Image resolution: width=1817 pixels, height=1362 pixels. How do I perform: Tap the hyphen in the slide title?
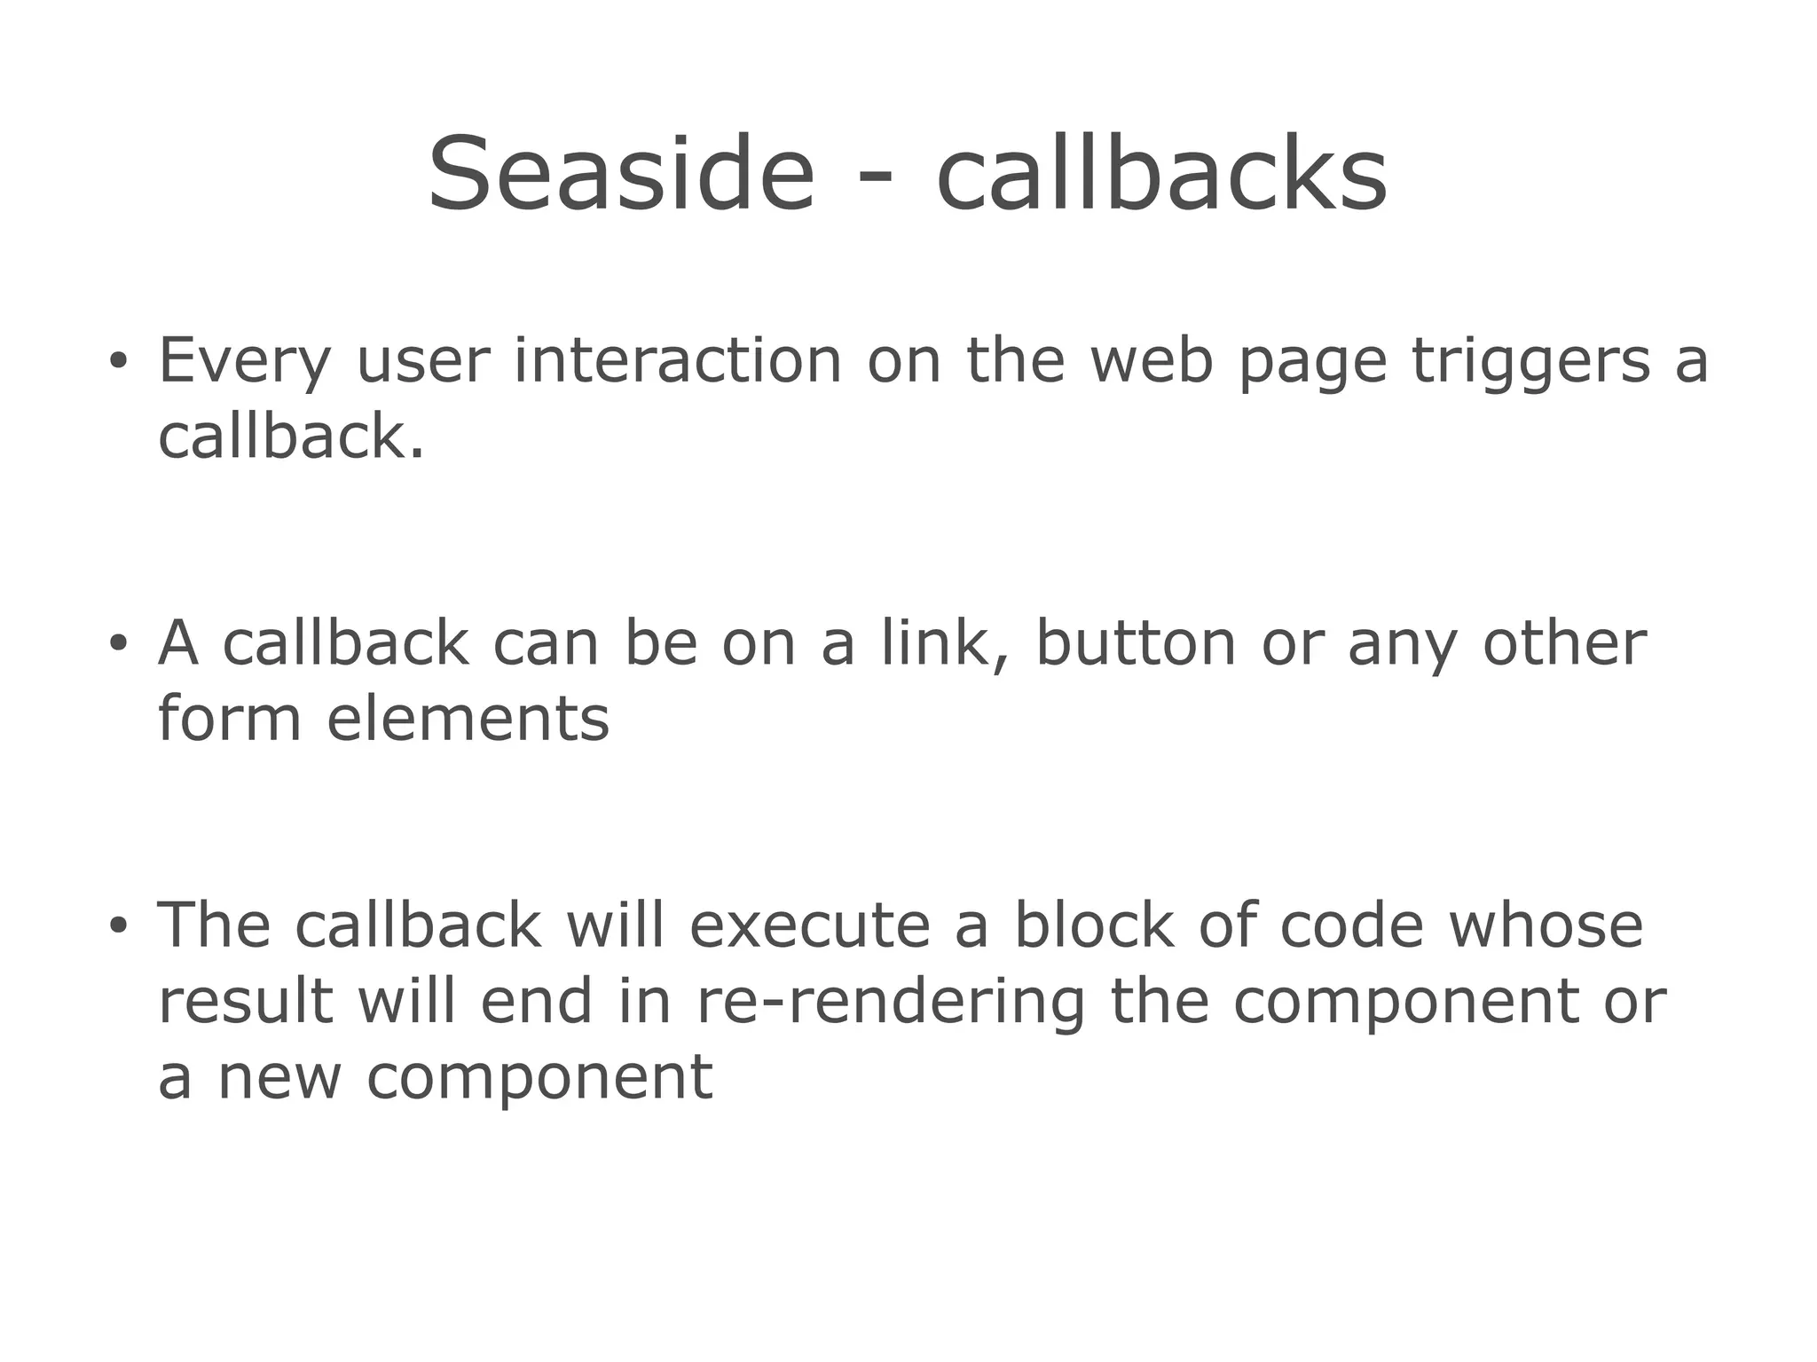pos(875,177)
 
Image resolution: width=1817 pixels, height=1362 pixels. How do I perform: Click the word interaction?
pos(678,360)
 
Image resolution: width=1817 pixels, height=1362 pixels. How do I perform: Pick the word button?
pos(1137,642)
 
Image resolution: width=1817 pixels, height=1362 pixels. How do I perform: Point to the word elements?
pos(468,719)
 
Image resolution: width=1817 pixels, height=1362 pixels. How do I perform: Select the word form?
pos(230,718)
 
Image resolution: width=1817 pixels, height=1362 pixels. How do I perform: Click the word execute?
pos(810,925)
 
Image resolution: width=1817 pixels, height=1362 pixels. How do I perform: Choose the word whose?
pos(1546,925)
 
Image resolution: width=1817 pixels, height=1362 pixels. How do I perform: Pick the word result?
pos(246,1001)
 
